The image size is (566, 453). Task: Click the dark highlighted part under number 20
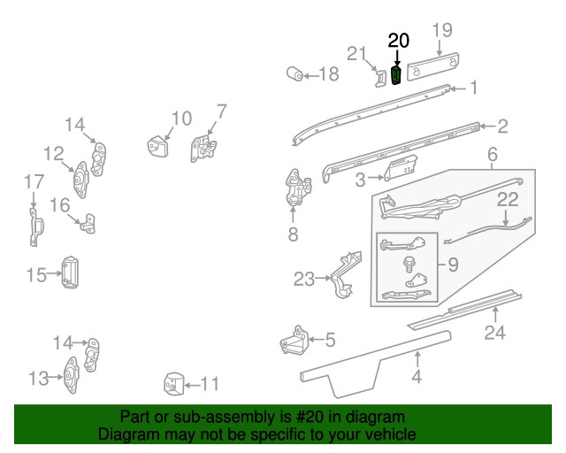pyautogui.click(x=396, y=74)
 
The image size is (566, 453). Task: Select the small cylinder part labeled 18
pyautogui.click(x=294, y=73)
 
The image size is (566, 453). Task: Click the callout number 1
pyautogui.click(x=473, y=88)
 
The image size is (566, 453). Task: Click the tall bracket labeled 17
pyautogui.click(x=34, y=226)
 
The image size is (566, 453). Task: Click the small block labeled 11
pyautogui.click(x=171, y=384)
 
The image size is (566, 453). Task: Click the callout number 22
pyautogui.click(x=507, y=201)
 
